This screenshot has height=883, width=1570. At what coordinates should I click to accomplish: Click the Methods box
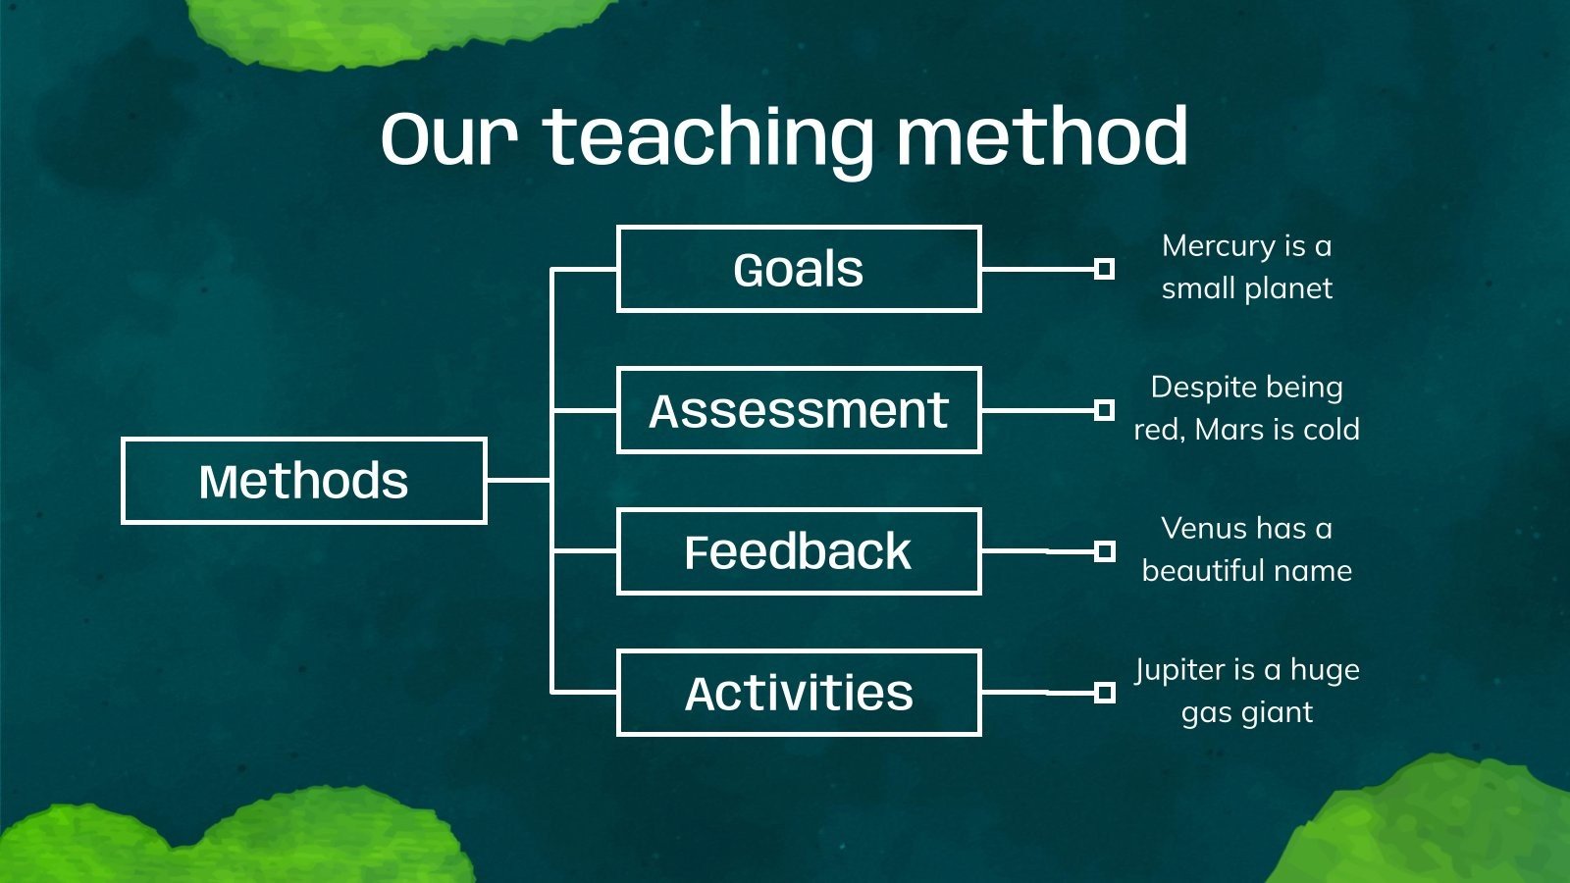pos(304,481)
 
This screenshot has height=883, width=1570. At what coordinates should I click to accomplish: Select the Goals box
pos(799,269)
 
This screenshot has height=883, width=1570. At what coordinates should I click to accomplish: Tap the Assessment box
pos(799,410)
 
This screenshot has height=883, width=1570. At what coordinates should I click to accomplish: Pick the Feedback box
pos(799,551)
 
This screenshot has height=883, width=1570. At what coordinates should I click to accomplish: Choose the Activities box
pos(799,693)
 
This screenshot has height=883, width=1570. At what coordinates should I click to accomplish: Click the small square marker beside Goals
pos(1105,269)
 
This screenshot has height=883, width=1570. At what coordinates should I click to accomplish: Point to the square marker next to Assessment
pos(1105,410)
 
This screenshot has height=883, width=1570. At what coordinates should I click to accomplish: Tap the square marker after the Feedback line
pos(1105,551)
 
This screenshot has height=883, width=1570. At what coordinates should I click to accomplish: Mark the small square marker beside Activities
pos(1105,693)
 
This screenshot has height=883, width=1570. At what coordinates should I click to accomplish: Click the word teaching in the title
pos(707,138)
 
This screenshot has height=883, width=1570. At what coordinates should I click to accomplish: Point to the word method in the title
pos(1043,135)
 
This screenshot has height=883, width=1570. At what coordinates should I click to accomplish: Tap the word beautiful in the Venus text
pos(1201,570)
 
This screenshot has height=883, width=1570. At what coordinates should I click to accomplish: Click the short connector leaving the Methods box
pos(519,481)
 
